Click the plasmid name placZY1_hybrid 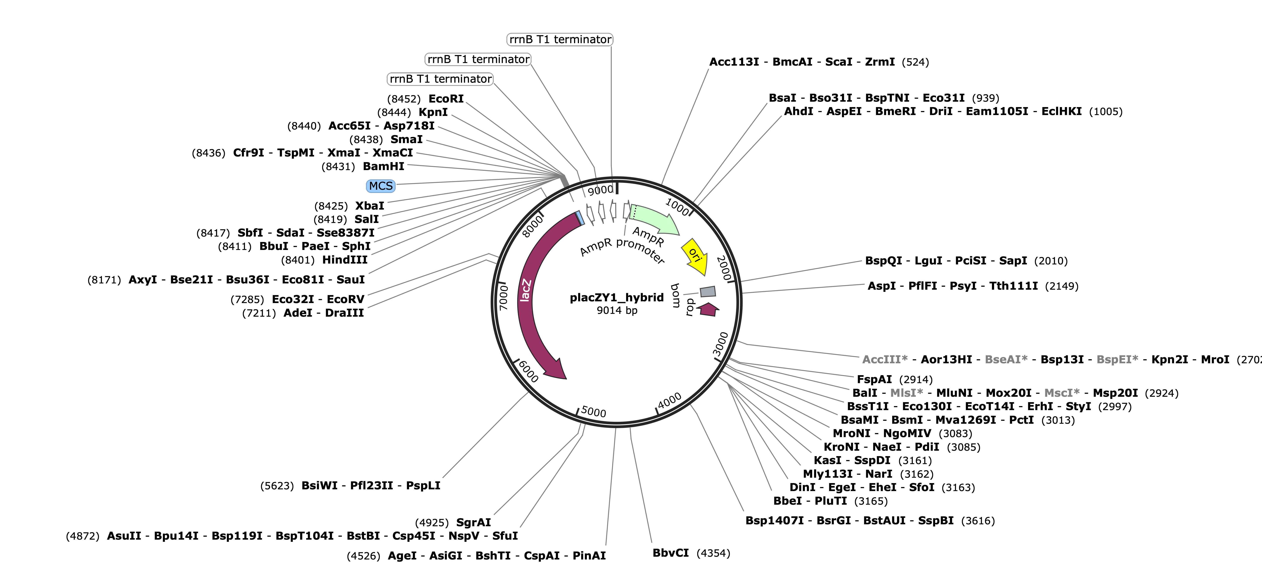617,298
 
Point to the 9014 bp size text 617,310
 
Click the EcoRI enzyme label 446,99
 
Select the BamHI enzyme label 384,166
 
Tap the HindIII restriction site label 345,260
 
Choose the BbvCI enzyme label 671,553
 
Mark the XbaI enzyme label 370,206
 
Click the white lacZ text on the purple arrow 525,290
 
